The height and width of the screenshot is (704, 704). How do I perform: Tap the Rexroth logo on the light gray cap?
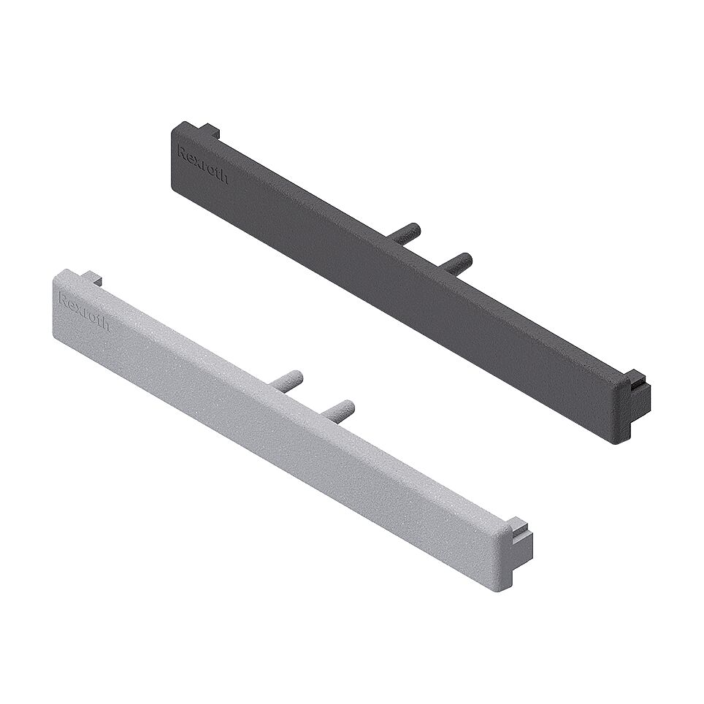click(83, 311)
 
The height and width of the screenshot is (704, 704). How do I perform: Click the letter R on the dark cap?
click(181, 151)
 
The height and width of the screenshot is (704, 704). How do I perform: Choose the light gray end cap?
click(285, 416)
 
